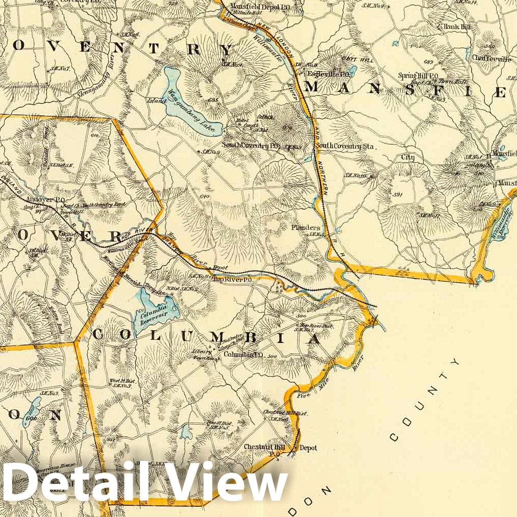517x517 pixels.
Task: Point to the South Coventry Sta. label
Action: point(345,146)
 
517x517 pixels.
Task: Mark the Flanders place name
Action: point(306,228)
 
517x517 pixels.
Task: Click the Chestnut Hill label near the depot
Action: point(260,447)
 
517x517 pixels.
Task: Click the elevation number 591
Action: point(399,194)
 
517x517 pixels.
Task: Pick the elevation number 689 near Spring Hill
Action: point(414,62)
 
